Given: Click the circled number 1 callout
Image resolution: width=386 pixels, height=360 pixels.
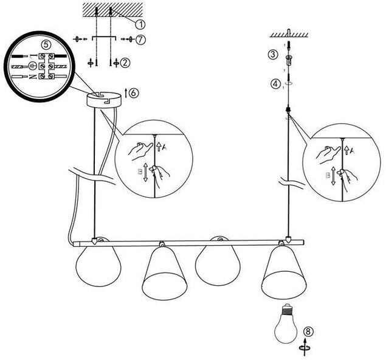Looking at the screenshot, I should [140, 24].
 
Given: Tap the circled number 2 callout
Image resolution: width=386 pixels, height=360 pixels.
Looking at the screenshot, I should [125, 62].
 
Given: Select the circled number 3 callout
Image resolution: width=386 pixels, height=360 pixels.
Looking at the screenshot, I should [274, 55].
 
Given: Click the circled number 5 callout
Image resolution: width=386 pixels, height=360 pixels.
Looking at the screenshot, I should [45, 45].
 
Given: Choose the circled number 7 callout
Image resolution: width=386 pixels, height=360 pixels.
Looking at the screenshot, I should [141, 40].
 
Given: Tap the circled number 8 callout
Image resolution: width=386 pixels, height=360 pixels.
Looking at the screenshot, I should [309, 332].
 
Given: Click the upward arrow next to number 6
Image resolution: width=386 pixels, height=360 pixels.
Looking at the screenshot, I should [126, 92].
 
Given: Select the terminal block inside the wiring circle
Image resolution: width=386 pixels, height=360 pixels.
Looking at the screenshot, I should [39, 65].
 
